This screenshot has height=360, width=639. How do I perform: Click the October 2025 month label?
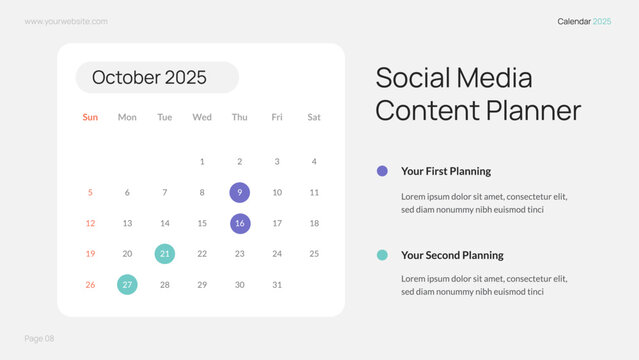coord(150,78)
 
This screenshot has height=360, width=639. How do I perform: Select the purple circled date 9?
coord(240,192)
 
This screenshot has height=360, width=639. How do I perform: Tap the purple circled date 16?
coord(240,223)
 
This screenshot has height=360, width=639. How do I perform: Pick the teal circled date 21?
coord(165,254)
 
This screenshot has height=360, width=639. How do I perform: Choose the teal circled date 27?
coord(127,285)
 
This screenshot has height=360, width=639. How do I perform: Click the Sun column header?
coord(90,117)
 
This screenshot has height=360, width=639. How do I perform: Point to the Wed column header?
coord(202,117)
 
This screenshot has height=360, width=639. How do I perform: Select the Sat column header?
coord(314,117)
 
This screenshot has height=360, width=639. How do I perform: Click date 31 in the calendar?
coord(277,285)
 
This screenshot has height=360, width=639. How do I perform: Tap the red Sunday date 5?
coord(90,192)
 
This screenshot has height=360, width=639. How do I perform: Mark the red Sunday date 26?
coord(90,285)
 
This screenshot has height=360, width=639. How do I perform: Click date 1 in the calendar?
coord(202,161)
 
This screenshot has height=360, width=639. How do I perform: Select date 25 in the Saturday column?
coord(314,254)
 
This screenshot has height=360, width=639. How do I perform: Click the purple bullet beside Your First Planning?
coord(382,171)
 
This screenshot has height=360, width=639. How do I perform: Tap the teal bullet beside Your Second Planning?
coord(382,255)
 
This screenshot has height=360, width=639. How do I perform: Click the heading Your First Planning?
coord(446,171)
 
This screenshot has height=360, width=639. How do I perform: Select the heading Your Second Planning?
coord(452,255)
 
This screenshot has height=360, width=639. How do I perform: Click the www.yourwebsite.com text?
coord(66,21)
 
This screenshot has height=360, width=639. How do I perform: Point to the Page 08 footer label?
coord(40,339)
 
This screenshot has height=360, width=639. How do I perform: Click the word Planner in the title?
coord(528,110)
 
